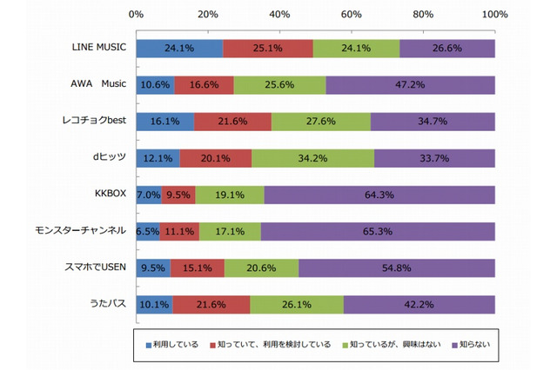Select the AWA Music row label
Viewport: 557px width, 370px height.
click(100, 85)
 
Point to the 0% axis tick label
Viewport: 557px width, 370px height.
click(137, 15)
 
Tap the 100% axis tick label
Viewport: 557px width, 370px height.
click(493, 15)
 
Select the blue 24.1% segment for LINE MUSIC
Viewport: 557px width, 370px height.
click(179, 49)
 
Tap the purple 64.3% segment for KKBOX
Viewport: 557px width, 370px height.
click(379, 195)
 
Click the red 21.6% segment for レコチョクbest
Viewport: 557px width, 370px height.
click(232, 122)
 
